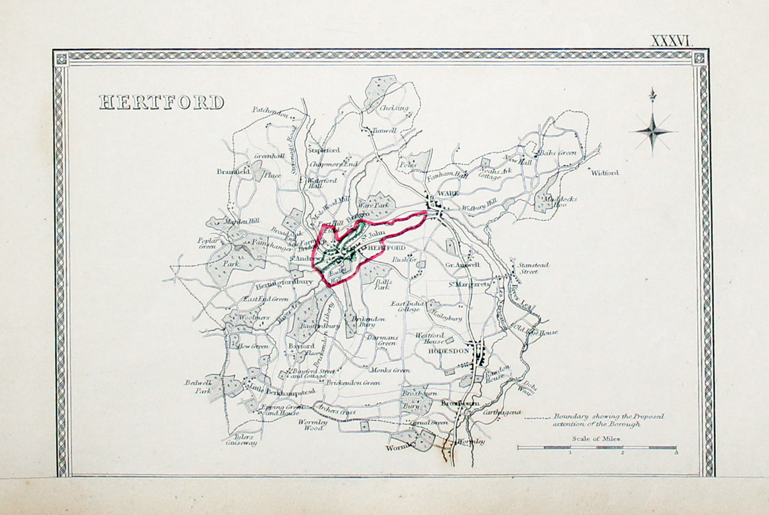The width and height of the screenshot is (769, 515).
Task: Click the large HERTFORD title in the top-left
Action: (x=161, y=102)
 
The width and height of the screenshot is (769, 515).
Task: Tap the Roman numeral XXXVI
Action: (x=671, y=41)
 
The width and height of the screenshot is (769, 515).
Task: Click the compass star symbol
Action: (x=653, y=132)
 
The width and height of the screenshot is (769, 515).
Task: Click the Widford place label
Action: (x=605, y=173)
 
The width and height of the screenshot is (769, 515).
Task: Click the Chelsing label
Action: (x=394, y=108)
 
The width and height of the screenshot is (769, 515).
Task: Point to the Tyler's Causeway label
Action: (x=241, y=440)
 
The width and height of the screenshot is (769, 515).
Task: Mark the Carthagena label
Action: (x=502, y=412)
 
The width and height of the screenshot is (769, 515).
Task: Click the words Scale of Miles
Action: (x=596, y=439)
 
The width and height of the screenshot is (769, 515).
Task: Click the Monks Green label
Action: (x=391, y=370)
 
